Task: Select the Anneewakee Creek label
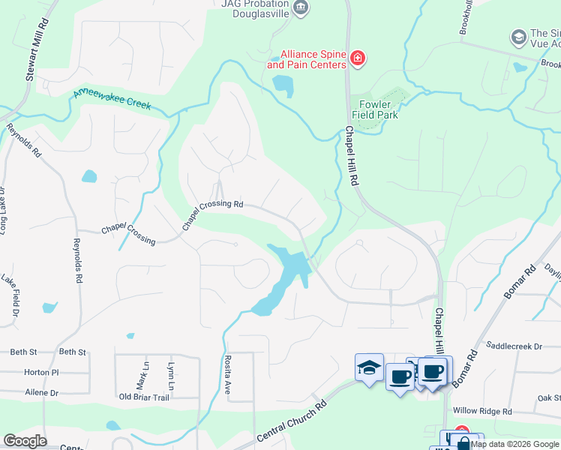point(112,99)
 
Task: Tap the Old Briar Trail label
point(144,397)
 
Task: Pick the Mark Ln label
point(146,372)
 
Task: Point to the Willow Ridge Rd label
point(482,412)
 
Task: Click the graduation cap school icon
point(369,367)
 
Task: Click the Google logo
point(25,441)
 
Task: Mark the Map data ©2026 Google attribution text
point(515,444)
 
